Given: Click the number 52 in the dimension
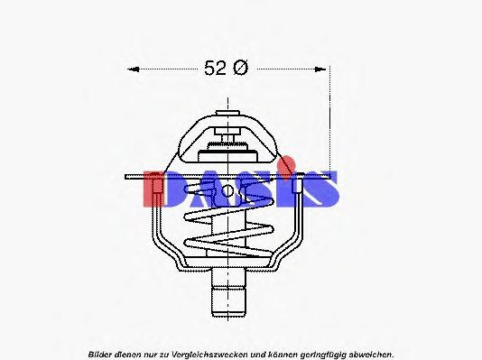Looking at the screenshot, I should [215, 68].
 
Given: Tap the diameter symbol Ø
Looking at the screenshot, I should [240, 68].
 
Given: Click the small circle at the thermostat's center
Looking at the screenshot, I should [228, 190].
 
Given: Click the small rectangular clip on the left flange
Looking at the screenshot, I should [156, 188].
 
